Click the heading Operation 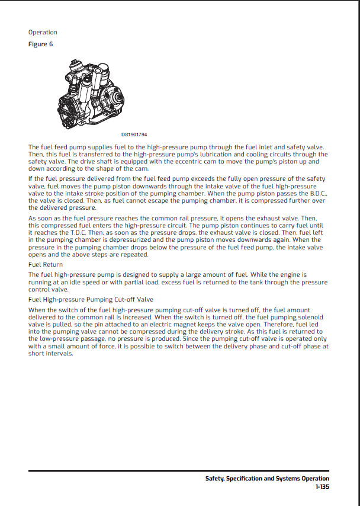click(x=43, y=32)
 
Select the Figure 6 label click(x=41, y=44)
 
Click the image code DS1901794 click(x=134, y=134)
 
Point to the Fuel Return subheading click(x=46, y=264)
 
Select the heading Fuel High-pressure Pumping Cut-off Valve click(x=91, y=299)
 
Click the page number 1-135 click(x=322, y=487)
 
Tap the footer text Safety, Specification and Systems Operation click(x=267, y=479)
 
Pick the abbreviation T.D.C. click(x=71, y=233)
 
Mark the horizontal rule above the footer click(x=179, y=471)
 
